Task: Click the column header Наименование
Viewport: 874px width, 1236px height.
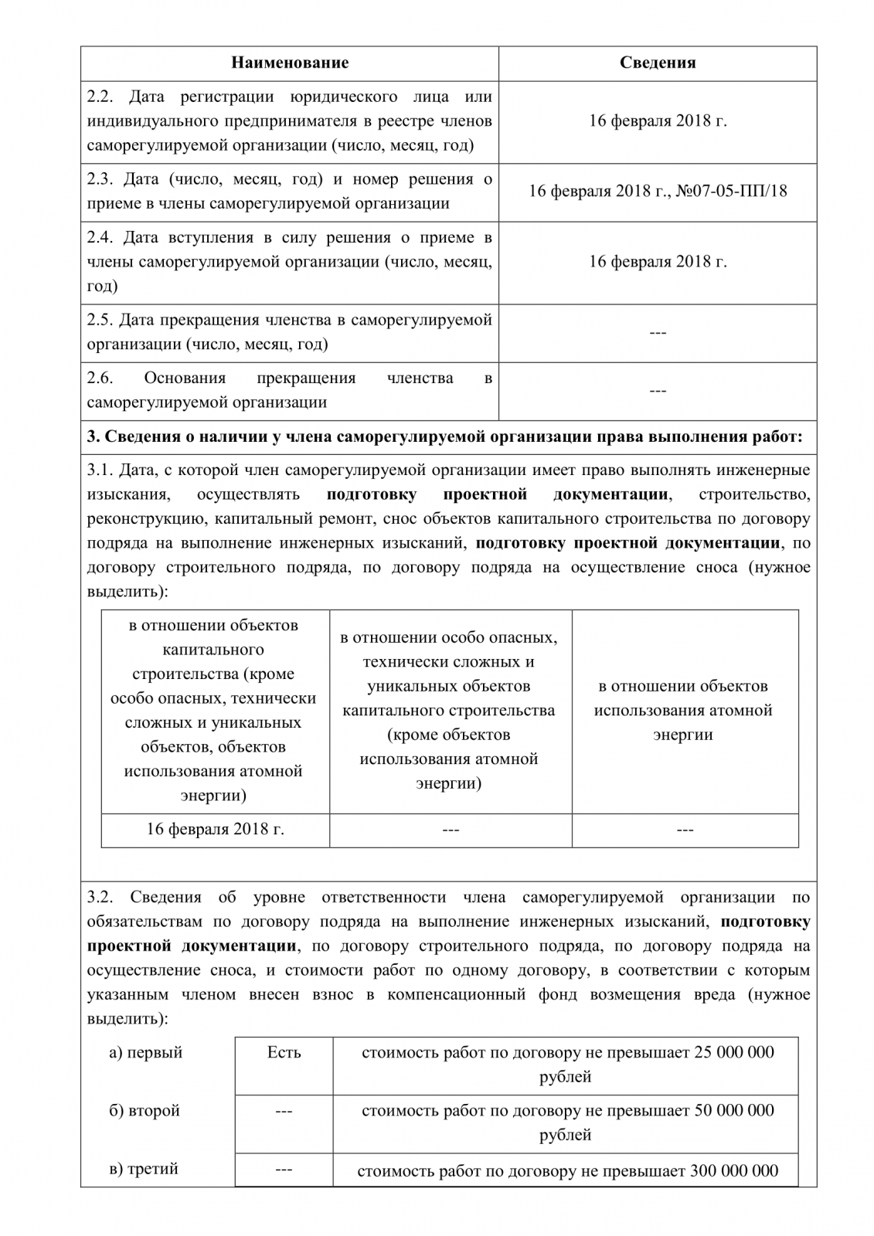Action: [x=290, y=63]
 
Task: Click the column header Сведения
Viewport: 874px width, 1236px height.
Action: [x=658, y=63]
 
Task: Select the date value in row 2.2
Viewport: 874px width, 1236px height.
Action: [x=658, y=121]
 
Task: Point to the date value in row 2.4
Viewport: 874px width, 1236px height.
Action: [x=658, y=261]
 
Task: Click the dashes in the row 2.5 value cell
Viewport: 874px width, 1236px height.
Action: [x=658, y=333]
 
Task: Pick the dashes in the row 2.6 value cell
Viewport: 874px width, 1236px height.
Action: [x=658, y=391]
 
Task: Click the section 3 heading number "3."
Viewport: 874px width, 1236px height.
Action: [x=94, y=436]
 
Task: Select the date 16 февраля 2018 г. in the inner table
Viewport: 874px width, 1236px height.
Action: [x=215, y=830]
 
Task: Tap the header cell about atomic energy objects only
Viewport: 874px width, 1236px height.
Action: [x=684, y=710]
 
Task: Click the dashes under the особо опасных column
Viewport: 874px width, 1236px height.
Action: [x=451, y=830]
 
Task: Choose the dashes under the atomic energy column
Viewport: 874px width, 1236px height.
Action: [x=685, y=830]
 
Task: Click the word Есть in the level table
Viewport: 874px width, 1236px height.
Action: [x=284, y=1052]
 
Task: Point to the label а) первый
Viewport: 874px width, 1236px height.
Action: [x=145, y=1052]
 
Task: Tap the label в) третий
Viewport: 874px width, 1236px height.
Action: [x=144, y=1169]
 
